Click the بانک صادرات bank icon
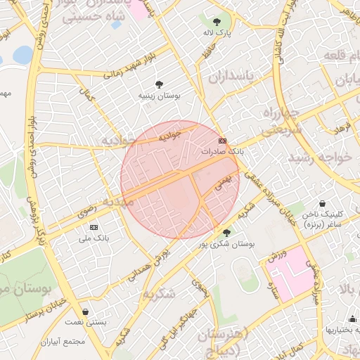coord(223,141)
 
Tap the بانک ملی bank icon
coord(94,228)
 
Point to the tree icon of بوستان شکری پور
coord(226,233)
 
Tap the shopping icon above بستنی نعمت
coord(86,311)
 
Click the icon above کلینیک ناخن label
coord(323,204)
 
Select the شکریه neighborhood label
coord(158,294)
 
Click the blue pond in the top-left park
coord(22,54)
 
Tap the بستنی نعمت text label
coord(86,322)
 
